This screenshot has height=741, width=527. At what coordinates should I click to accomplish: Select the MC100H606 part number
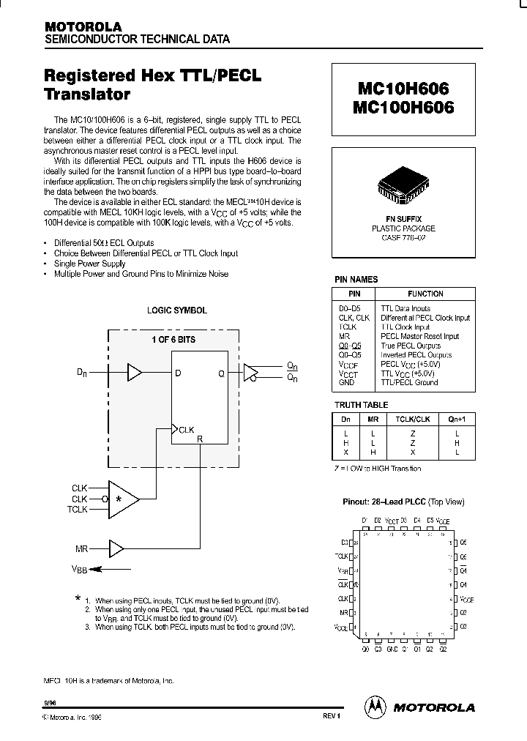coord(405,107)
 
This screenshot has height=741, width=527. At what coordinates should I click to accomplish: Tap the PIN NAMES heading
coord(356,280)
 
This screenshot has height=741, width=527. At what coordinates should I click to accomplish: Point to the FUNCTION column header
coord(425,294)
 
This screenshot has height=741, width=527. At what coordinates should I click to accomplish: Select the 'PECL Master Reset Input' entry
coord(420,337)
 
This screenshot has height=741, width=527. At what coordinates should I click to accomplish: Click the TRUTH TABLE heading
coord(362,405)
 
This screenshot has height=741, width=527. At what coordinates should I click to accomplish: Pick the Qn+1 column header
coord(456,420)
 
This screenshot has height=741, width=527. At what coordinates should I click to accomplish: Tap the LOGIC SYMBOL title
coord(177,310)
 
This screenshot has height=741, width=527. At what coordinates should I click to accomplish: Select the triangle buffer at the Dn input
coord(135,373)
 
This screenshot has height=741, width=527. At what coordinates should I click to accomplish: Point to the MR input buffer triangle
coord(116,547)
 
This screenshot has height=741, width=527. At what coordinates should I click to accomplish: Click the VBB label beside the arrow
coord(79,569)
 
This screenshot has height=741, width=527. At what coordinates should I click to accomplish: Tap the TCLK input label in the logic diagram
coord(78,509)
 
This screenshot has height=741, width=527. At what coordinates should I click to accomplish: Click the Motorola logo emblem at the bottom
coord(374,707)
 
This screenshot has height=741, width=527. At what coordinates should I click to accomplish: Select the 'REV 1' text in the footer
coord(332,716)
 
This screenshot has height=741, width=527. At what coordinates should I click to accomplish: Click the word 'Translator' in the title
coord(87,94)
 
